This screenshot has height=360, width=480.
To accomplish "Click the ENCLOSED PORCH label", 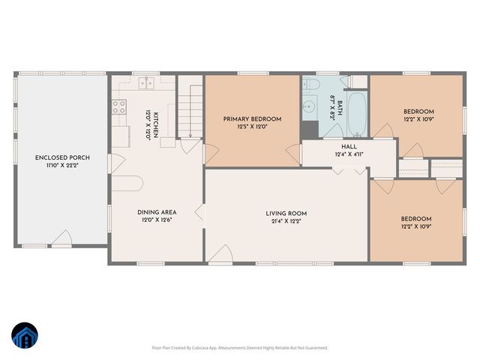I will click(63, 157).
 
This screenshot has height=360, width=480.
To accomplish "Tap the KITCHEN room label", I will click(157, 121).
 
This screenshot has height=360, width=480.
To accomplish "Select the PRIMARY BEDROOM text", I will click(252, 119).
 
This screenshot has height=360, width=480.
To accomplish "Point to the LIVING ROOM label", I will click(286, 213).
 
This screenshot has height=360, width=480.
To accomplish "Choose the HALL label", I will click(349, 146).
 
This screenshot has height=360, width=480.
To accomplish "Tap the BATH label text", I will click(339, 109).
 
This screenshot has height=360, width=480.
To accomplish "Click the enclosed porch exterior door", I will click(63, 239).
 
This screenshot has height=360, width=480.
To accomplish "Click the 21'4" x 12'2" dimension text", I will click(286, 221).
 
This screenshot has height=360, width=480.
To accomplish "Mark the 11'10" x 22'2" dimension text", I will click(63, 166).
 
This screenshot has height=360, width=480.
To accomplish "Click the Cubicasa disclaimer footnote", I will click(240, 347).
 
